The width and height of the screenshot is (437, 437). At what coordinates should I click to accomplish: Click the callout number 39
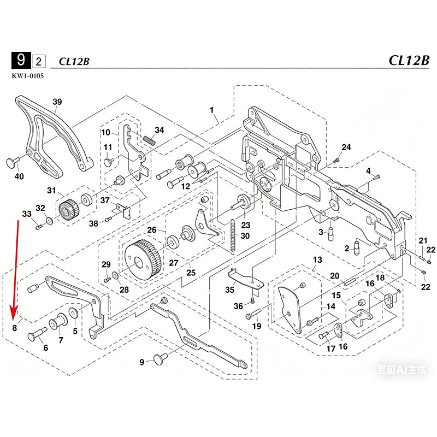pos(57,102)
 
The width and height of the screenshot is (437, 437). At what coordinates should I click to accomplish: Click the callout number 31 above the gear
pos(51,190)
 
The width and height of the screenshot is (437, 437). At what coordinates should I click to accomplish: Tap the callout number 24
pos(346,147)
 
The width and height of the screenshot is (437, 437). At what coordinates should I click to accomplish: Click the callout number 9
pos(142,362)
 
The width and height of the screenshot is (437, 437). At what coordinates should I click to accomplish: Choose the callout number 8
pos(15,328)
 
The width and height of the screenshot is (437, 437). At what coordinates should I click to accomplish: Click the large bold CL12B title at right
pos(409,60)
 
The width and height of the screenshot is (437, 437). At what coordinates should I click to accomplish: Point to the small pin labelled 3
pos(330,233)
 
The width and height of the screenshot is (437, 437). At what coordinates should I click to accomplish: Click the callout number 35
pos(230,290)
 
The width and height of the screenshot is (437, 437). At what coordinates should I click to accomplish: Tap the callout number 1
pos(211,110)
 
